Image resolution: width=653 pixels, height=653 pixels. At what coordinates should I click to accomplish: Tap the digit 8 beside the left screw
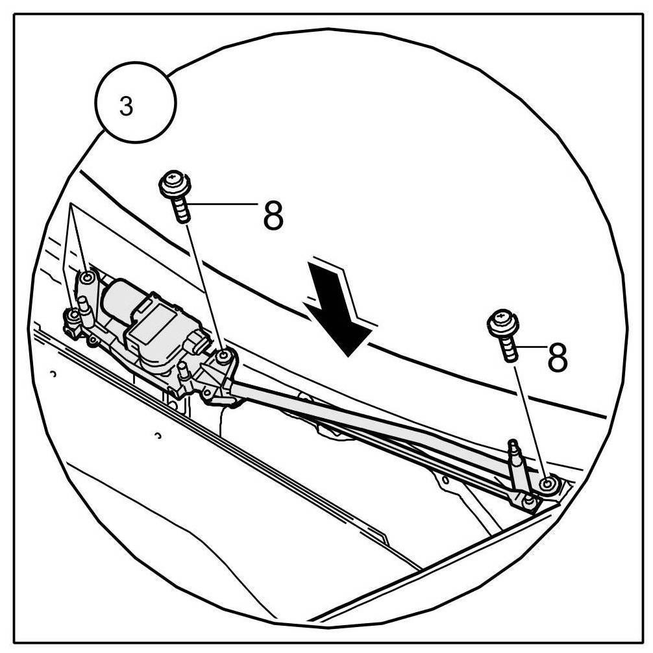273,216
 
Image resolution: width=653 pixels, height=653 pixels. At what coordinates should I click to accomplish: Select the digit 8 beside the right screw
557,356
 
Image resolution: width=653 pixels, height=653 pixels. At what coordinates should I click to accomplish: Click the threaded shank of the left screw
181,211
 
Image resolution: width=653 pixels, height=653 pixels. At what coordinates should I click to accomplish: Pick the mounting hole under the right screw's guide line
548,484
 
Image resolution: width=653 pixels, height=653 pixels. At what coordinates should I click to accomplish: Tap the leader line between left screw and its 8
224,204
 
